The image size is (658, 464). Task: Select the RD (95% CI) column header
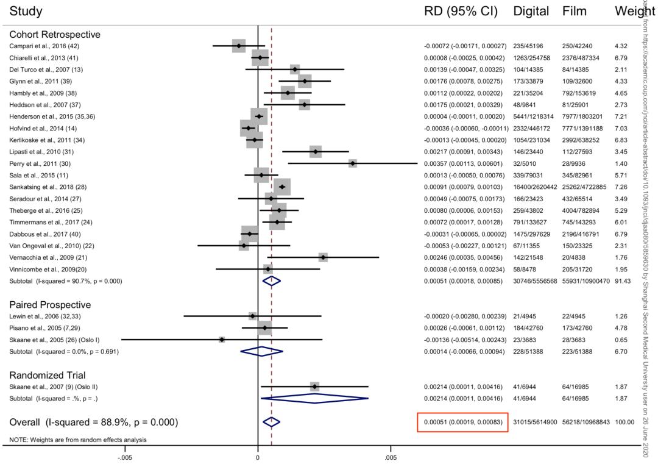coord(461,12)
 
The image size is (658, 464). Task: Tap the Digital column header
coord(531,12)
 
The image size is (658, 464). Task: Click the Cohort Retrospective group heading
coord(55,35)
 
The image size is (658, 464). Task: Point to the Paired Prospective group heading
coord(50,304)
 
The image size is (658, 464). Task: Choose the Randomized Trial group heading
coord(47,375)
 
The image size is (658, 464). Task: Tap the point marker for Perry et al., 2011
coord(353,163)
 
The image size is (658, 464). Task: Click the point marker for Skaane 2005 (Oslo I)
coord(222,339)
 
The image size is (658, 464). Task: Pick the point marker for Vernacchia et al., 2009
coord(323,257)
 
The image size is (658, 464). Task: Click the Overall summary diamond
coord(271,421)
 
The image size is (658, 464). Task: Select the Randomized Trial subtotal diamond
coord(314,398)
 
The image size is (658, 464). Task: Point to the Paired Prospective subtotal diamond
coord(262,351)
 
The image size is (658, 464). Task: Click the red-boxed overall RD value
coord(462,422)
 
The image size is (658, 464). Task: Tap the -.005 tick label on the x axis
coord(126,457)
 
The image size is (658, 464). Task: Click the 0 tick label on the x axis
coord(258,457)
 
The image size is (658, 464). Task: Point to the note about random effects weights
coord(78,440)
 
